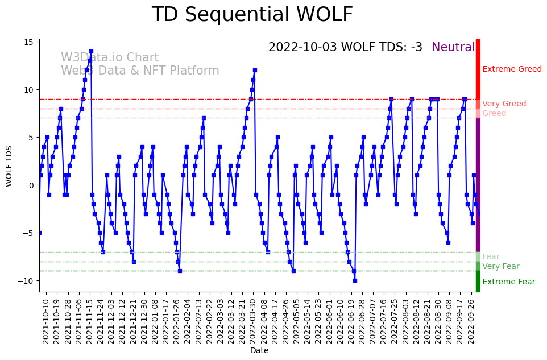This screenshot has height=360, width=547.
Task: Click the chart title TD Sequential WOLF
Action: tap(252, 15)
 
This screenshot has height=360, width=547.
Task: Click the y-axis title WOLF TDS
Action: tap(9, 165)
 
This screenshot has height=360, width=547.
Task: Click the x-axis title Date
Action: tap(259, 351)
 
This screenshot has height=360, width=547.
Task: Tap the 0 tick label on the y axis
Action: tap(31, 185)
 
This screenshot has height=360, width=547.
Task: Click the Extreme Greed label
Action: tap(512, 69)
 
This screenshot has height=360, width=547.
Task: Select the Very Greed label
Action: tap(504, 104)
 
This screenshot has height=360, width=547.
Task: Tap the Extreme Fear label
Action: tap(508, 282)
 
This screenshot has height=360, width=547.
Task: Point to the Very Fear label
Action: tap(500, 267)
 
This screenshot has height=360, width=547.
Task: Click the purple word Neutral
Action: tap(453, 48)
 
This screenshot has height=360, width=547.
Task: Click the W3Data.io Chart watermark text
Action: tap(110, 58)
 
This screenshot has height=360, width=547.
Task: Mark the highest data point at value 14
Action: tap(91, 52)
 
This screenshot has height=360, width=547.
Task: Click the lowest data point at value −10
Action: tap(355, 280)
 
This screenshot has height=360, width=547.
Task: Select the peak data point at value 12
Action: tap(255, 71)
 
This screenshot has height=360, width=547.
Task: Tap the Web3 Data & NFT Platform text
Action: tap(140, 71)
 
